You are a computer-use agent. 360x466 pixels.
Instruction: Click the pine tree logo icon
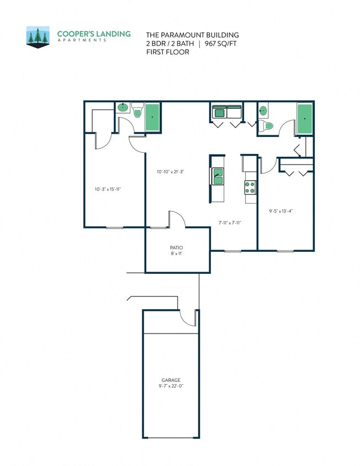pos(38,37)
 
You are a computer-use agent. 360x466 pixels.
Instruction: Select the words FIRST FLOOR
pos(167,52)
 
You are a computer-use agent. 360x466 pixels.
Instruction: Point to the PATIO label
pos(177,247)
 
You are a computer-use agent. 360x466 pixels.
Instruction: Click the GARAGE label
pos(171,380)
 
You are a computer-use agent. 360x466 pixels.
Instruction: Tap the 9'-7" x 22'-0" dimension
pos(171,386)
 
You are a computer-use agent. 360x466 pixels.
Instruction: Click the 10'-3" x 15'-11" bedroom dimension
pos(108,189)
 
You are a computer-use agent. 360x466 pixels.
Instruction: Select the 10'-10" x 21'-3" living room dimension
pos(170,172)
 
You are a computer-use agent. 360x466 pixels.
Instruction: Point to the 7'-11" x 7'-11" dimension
pos(230,223)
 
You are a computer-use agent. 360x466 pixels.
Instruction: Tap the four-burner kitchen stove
pos(250,188)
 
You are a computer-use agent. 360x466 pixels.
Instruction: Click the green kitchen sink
pos(218,177)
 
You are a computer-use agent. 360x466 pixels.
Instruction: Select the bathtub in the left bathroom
pos(152,117)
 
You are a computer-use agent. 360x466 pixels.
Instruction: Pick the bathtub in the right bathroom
pos(304,119)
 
